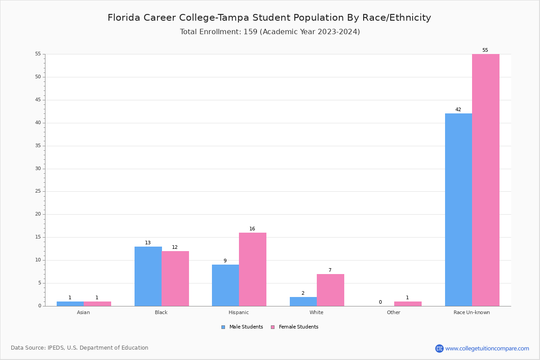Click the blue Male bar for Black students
tap(148, 276)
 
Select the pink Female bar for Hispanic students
tap(252, 269)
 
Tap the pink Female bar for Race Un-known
tap(486, 180)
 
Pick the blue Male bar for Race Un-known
tap(459, 210)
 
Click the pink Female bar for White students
tap(330, 290)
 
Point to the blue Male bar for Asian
tap(70, 304)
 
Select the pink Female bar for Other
tap(408, 304)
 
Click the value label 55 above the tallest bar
tap(485, 50)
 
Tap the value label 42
tap(458, 110)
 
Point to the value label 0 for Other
tap(380, 302)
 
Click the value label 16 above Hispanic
tap(252, 229)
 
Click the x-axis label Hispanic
tap(238, 312)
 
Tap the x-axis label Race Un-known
tap(472, 312)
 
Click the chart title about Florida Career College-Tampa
tap(269, 18)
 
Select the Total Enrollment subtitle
tap(270, 32)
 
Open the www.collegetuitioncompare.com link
tap(487, 348)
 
